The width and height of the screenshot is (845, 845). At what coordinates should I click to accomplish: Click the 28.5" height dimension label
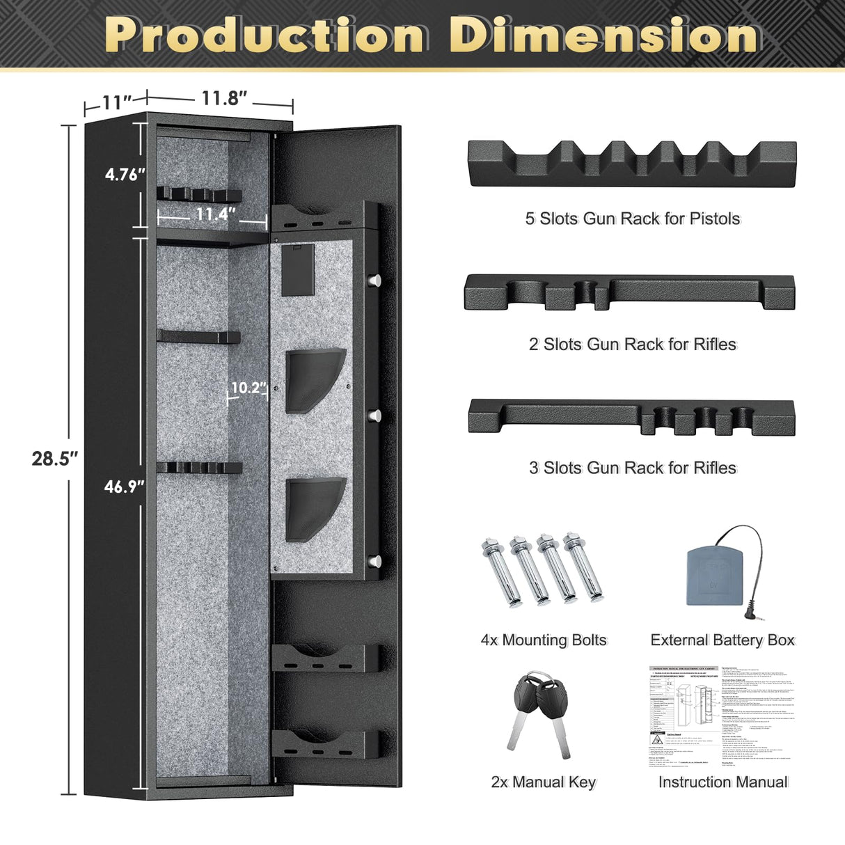[x=54, y=459]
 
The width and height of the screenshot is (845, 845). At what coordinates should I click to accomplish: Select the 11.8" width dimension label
[x=224, y=98]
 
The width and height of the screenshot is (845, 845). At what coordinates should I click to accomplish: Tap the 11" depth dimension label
[x=116, y=102]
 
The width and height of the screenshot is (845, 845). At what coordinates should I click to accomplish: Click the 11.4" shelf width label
[x=215, y=214]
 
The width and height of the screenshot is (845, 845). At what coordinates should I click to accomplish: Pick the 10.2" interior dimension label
[x=248, y=388]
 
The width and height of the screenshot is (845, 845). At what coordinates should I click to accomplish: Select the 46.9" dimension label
[x=125, y=487]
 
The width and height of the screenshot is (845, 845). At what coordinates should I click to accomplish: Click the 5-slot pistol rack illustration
[x=631, y=164]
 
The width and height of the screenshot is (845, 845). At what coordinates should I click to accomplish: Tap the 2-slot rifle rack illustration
[x=629, y=292]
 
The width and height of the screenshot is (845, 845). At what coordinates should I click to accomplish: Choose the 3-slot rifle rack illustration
[x=631, y=417]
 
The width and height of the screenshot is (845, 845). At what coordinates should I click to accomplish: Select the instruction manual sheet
[x=722, y=717]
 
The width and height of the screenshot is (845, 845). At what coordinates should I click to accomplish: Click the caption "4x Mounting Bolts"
[x=544, y=640]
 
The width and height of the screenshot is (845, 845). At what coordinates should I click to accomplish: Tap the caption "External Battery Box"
[x=722, y=640]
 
